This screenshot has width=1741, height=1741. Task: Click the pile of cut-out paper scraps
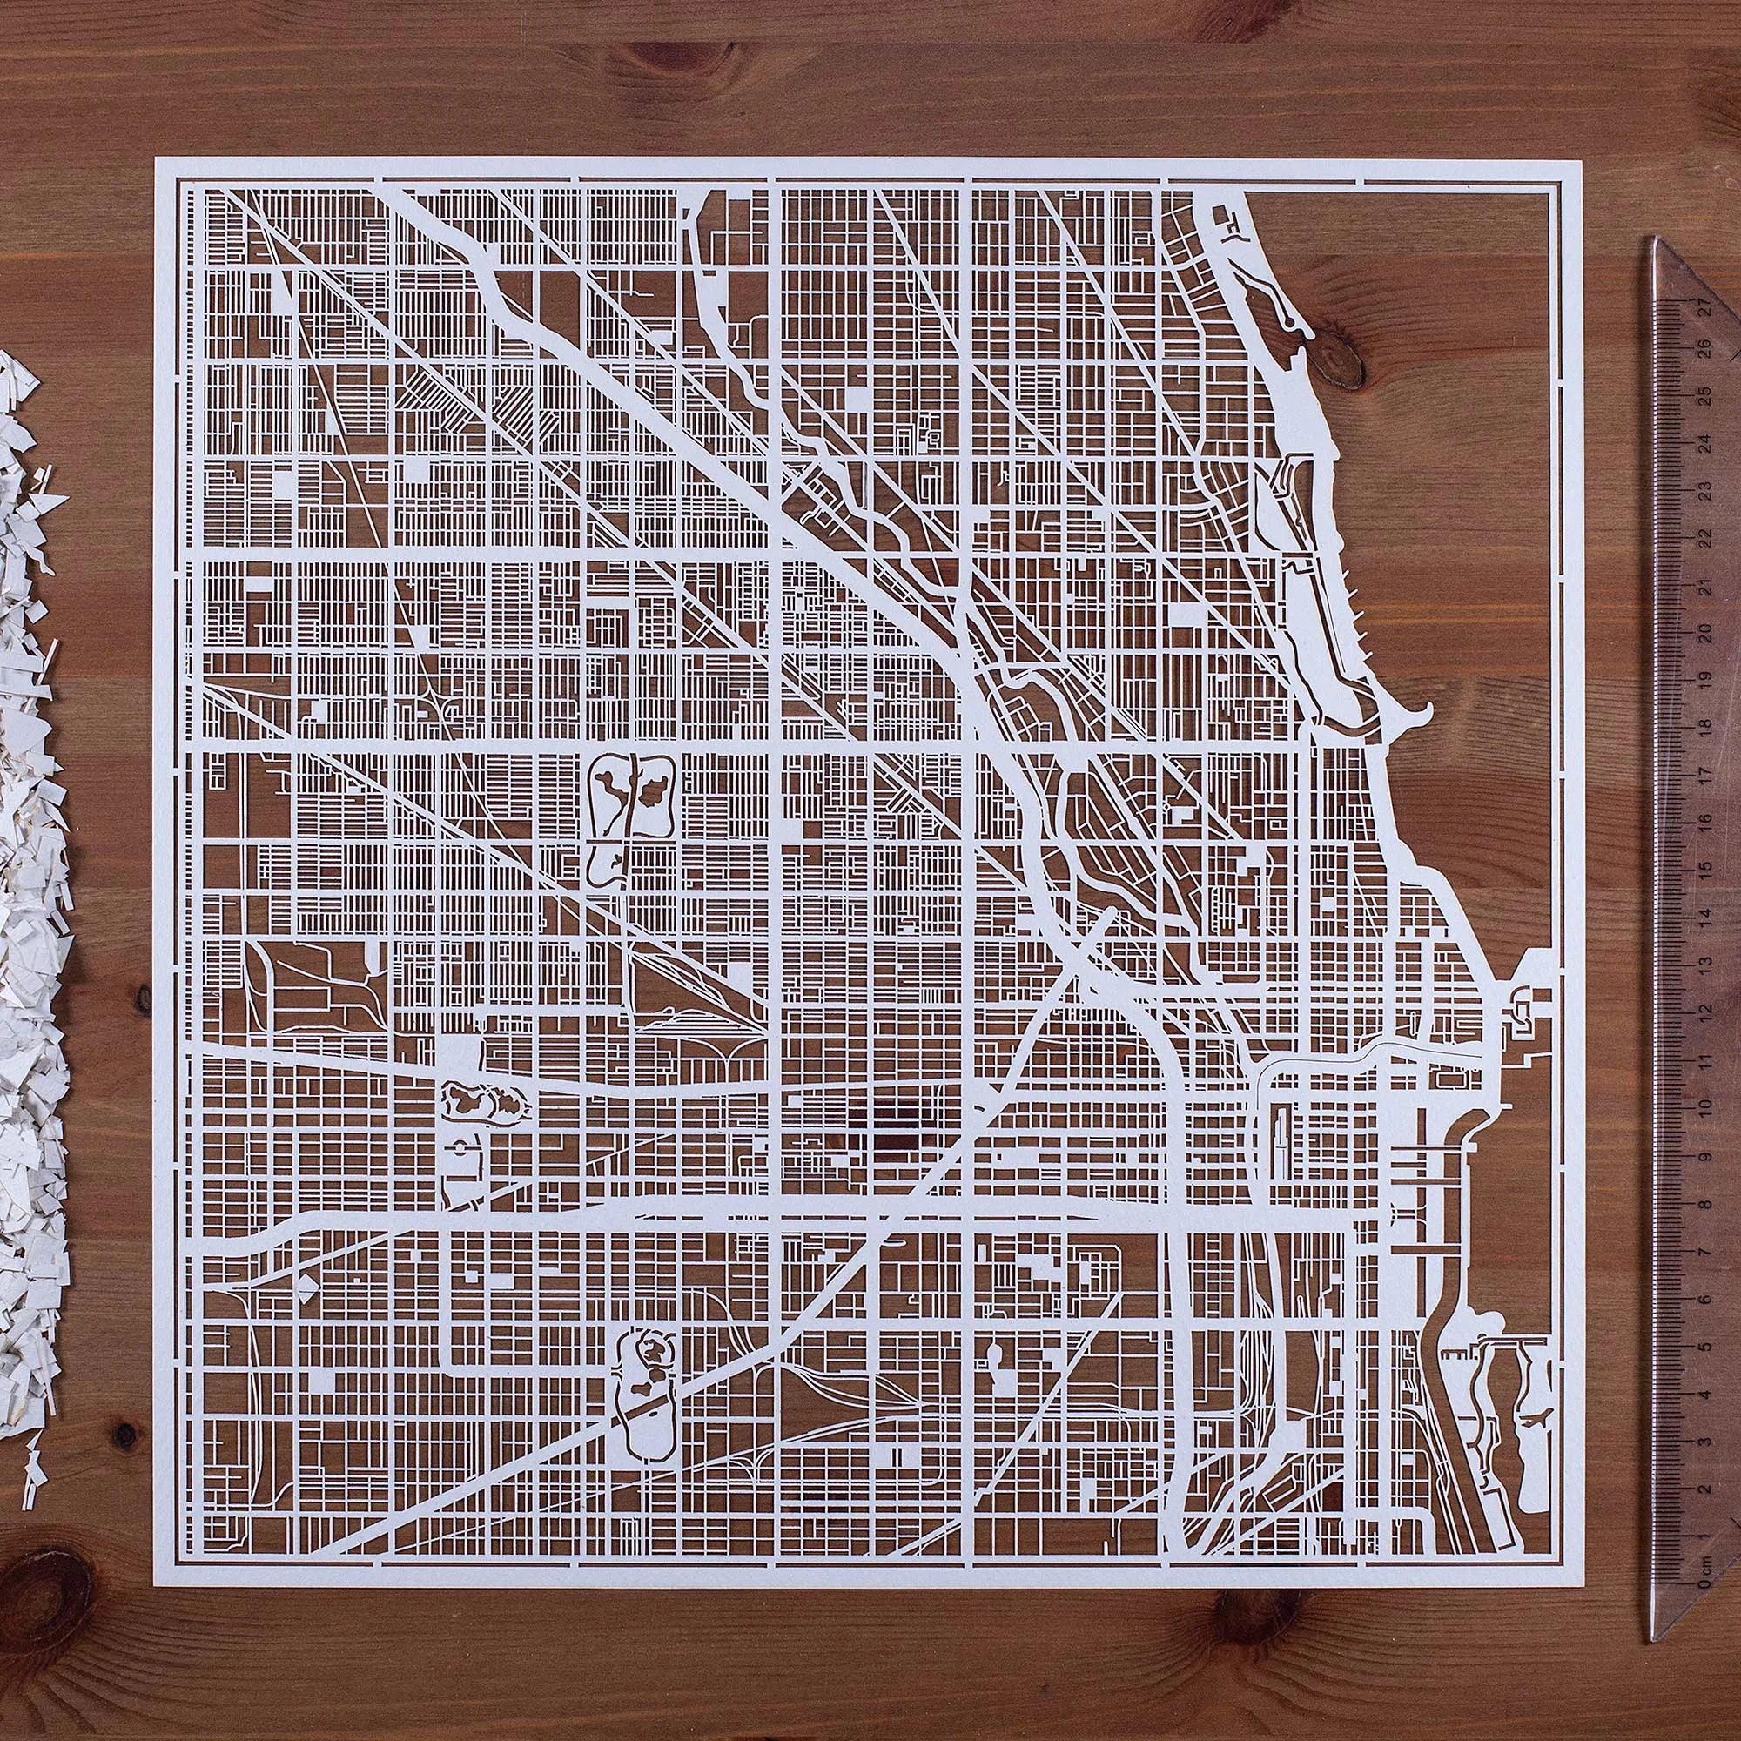click(31, 991)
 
